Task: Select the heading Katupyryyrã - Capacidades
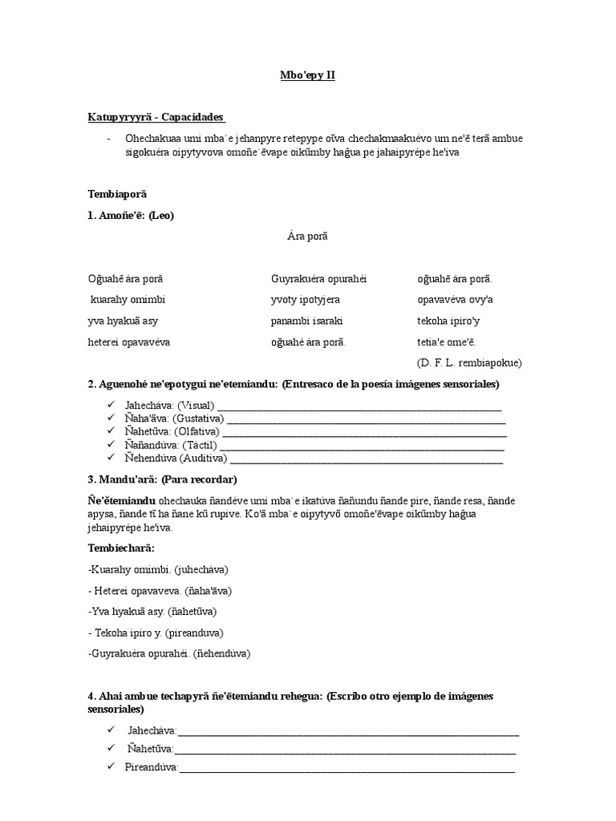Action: [156, 117]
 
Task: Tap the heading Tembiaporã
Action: [117, 194]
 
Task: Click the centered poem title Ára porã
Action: [307, 236]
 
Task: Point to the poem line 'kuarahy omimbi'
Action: [128, 300]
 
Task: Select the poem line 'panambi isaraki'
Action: [307, 321]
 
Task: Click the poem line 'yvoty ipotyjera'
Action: [306, 300]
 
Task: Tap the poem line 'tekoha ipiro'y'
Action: [449, 321]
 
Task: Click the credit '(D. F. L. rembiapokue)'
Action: [469, 362]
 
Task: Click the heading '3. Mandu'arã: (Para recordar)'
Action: [163, 479]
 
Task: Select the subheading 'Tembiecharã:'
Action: [121, 548]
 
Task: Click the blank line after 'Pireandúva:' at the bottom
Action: [346, 767]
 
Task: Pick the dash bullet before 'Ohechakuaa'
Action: [108, 138]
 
